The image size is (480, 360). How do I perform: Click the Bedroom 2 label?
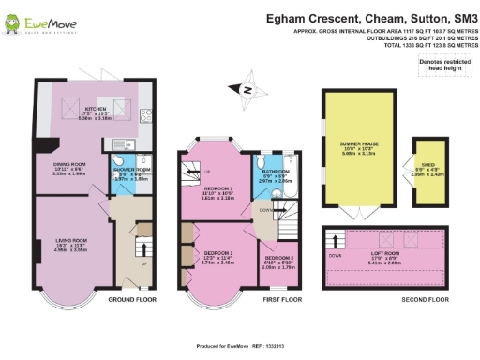pyautogui.click(x=218, y=193)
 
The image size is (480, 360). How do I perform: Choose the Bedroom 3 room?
pyautogui.click(x=277, y=262)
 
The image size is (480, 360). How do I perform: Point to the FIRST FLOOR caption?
pyautogui.click(x=282, y=300)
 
